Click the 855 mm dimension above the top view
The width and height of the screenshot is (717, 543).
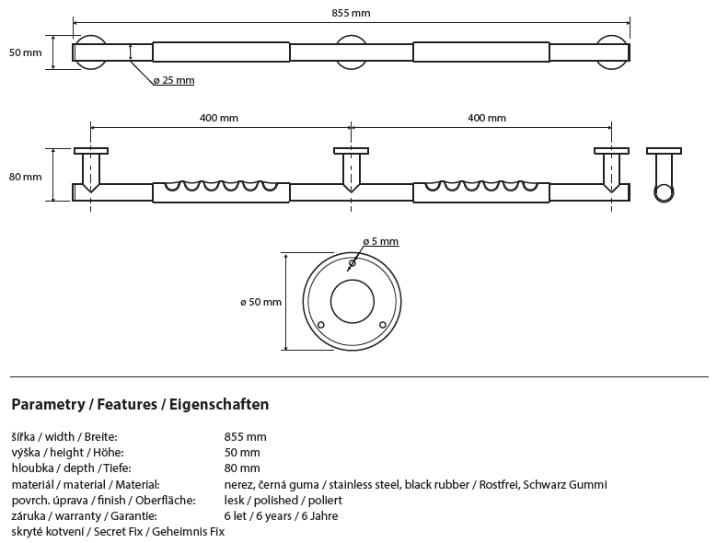click(x=352, y=14)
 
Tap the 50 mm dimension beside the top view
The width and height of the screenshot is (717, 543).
click(x=25, y=52)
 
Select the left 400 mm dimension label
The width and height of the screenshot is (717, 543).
click(x=219, y=118)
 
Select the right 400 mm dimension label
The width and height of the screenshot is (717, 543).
click(x=486, y=118)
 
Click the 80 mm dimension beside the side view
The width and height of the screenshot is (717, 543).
click(x=25, y=177)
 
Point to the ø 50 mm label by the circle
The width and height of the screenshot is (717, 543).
click(x=260, y=302)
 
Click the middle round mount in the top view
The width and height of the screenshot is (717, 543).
click(x=351, y=52)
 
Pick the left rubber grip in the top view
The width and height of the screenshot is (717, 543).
click(x=221, y=52)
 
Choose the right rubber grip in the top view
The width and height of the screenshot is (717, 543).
click(x=481, y=52)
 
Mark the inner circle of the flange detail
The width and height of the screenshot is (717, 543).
click(x=352, y=302)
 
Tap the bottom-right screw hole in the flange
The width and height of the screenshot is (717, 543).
click(x=382, y=324)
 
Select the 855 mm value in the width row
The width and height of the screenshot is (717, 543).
click(x=245, y=436)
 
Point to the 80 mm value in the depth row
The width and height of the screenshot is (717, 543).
click(x=242, y=468)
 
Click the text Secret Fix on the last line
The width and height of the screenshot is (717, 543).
click(x=124, y=532)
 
